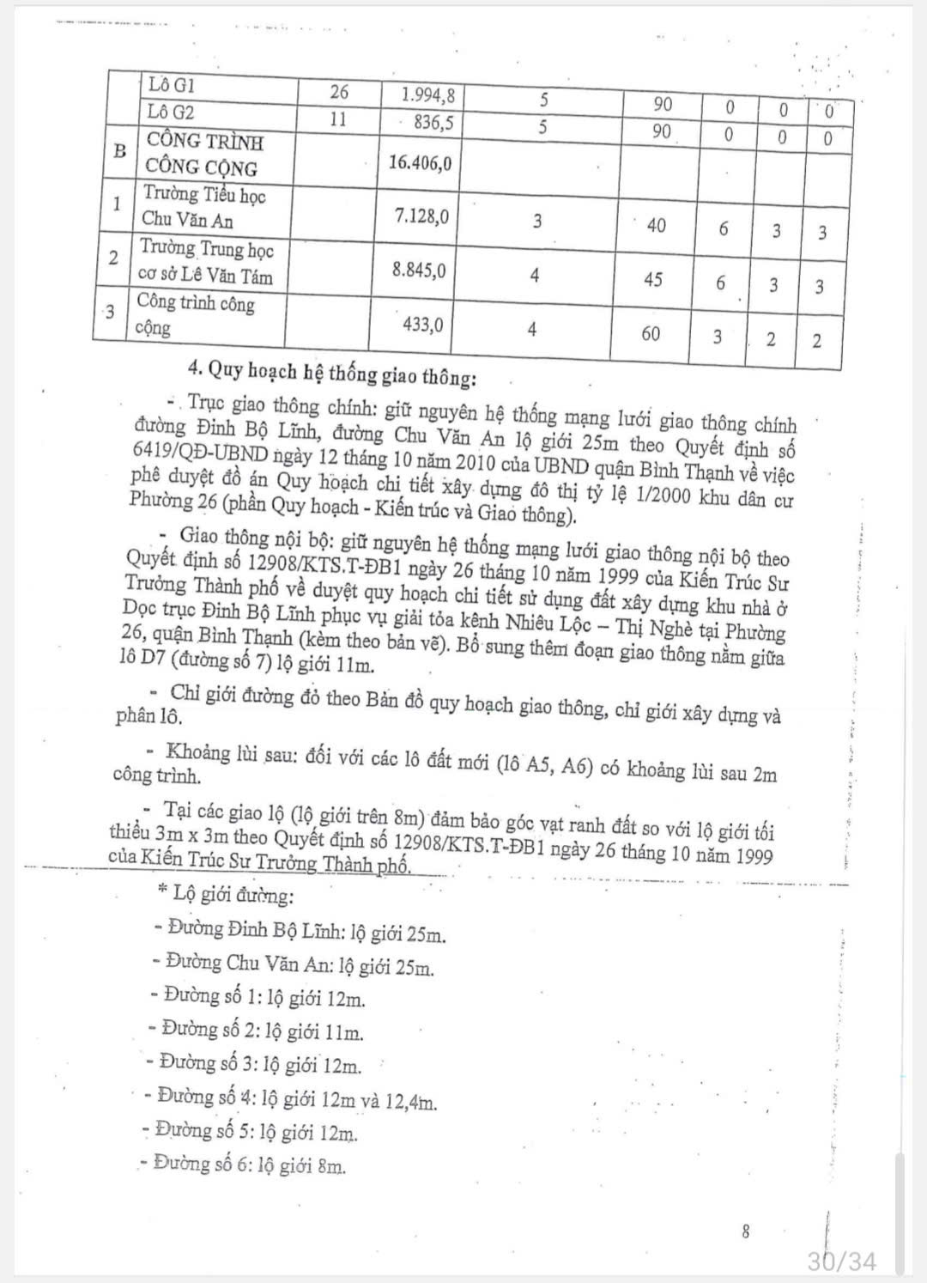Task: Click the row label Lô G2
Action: coord(171,112)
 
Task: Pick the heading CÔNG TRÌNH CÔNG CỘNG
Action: coord(204,155)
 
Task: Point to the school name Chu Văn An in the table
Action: coord(187,220)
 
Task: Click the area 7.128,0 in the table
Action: coord(421,216)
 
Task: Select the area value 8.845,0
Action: coord(419,270)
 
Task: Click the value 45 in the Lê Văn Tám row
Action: coord(652,279)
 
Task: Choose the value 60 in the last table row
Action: coord(651,333)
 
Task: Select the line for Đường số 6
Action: coord(249,1164)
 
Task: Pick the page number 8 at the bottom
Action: coord(745,1231)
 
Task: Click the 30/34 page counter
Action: coord(842,1261)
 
